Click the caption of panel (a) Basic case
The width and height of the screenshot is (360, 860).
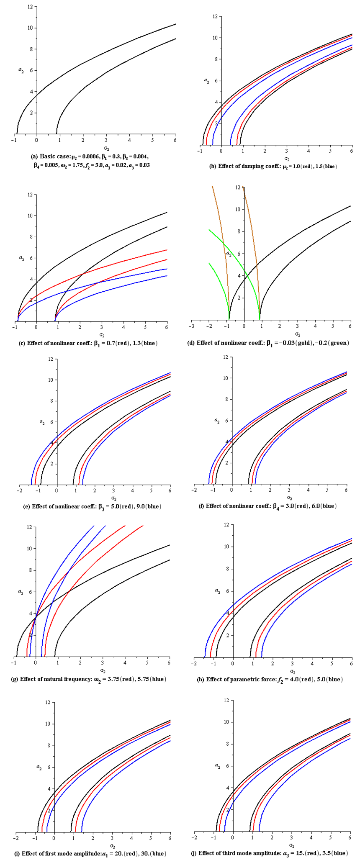click(x=90, y=161)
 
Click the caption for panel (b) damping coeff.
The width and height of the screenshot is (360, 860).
click(x=273, y=166)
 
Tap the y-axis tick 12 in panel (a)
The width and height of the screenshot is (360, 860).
click(x=31, y=7)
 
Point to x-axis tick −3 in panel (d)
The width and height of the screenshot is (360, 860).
click(x=191, y=326)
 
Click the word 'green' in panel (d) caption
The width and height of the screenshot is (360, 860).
click(x=339, y=343)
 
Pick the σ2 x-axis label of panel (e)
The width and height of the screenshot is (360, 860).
click(x=113, y=498)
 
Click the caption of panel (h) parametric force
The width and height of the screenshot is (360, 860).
click(x=270, y=679)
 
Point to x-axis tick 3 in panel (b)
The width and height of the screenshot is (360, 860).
click(x=286, y=151)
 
